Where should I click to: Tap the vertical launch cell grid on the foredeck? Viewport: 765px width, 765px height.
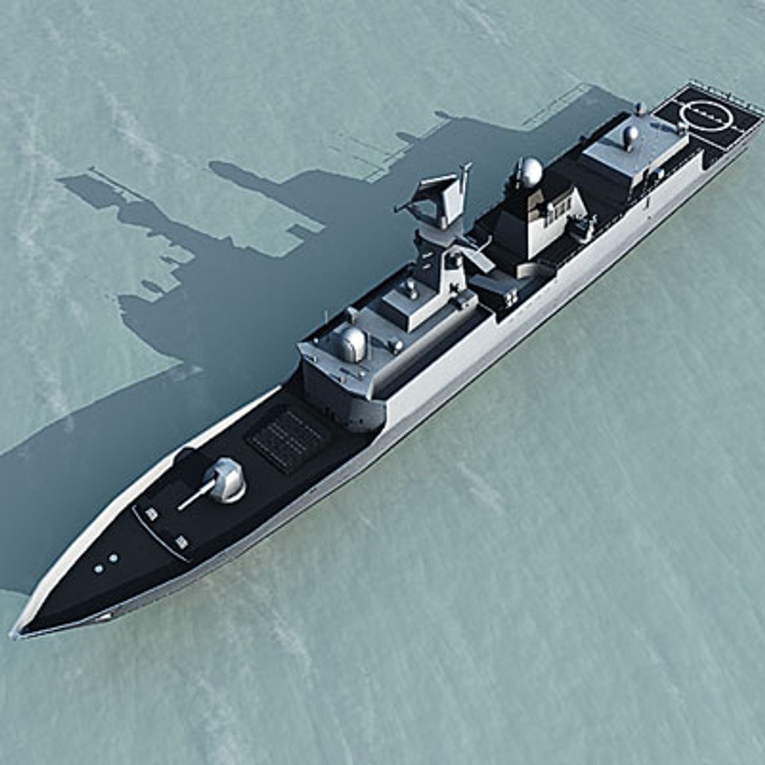(x=288, y=439)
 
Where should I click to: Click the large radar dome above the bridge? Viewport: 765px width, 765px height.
(x=352, y=344)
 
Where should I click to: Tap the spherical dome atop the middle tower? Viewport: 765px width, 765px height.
(x=530, y=172)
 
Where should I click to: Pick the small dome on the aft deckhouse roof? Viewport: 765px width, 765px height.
(x=630, y=135)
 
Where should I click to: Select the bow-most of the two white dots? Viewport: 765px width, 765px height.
(x=98, y=568)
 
